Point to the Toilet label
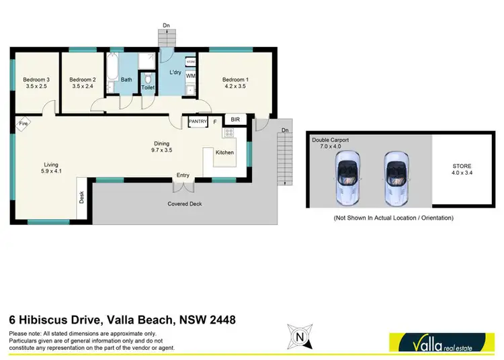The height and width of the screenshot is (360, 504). coord(149,87)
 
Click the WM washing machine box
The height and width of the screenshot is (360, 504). coord(190,76)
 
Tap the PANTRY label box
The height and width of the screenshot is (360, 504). coord(198,122)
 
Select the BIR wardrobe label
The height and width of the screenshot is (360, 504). coord(235,120)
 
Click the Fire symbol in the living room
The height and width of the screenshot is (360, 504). coord(23,124)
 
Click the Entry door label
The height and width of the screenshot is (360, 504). coord(183,176)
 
